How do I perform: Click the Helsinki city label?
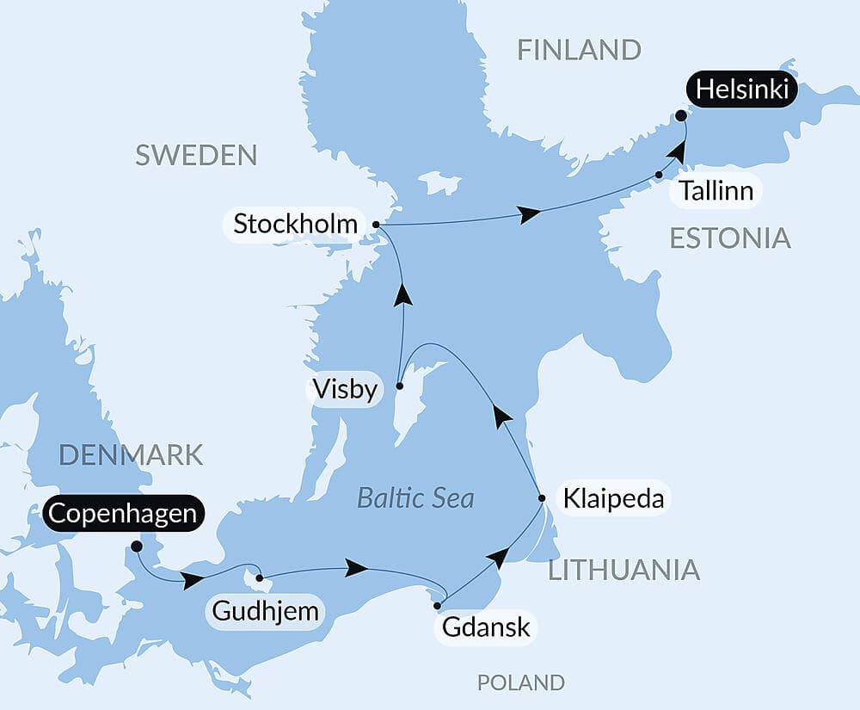(742, 90)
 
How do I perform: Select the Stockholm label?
(295, 225)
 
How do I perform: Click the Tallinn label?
(716, 191)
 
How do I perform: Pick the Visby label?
(345, 391)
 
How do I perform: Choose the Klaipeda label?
(613, 498)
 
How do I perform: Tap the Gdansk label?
(486, 627)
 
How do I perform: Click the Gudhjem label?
(266, 612)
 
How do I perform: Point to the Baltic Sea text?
(415, 498)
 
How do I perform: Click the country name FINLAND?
(579, 50)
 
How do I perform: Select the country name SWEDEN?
(196, 155)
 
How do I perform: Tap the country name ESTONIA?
(730, 238)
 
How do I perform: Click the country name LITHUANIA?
(623, 569)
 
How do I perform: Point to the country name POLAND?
(521, 682)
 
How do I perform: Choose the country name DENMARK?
(132, 454)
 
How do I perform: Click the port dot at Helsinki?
(680, 115)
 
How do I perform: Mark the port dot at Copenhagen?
(136, 546)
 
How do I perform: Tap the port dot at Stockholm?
(376, 225)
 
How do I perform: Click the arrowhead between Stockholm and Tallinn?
(528, 214)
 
